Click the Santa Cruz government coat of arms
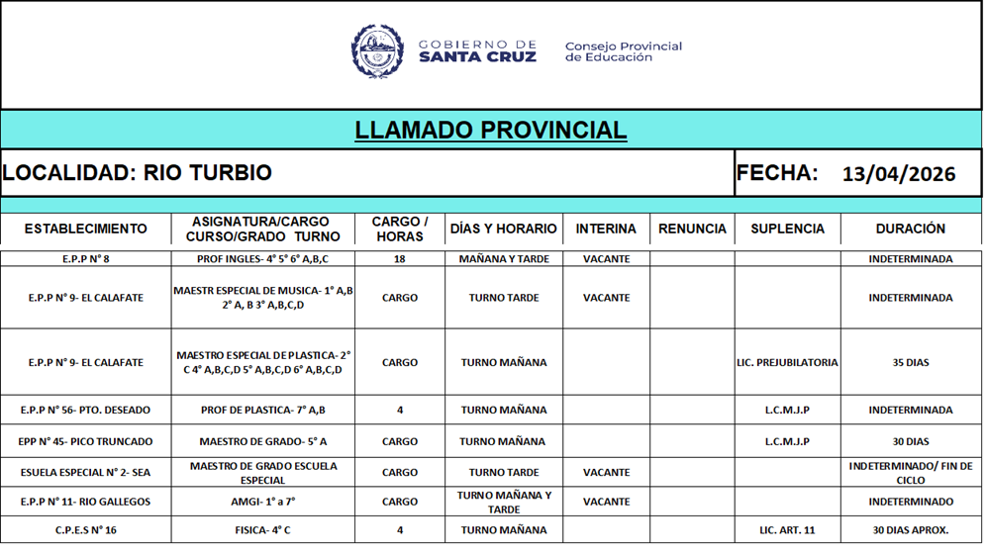coord(377,51)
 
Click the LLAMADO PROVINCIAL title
coord(490,130)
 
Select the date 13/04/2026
coord(899,174)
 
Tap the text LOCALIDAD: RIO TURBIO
coord(137,173)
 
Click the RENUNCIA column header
coord(692,229)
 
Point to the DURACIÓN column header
coord(910,229)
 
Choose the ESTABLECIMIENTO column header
coord(85,229)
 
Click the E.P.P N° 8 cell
coord(85,259)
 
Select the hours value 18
coord(400,259)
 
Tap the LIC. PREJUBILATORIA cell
coord(787,363)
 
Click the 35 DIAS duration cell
coord(911,363)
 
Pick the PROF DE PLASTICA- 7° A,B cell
coord(262,410)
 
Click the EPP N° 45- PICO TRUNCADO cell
coord(85,442)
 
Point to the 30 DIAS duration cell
coord(911,442)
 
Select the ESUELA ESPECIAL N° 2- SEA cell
coord(85,473)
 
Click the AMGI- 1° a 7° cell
coord(262,502)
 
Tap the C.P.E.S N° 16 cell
coord(85,530)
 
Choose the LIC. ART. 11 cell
coord(787,530)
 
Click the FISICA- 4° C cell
coord(262,530)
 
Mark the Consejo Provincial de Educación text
coord(623,51)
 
